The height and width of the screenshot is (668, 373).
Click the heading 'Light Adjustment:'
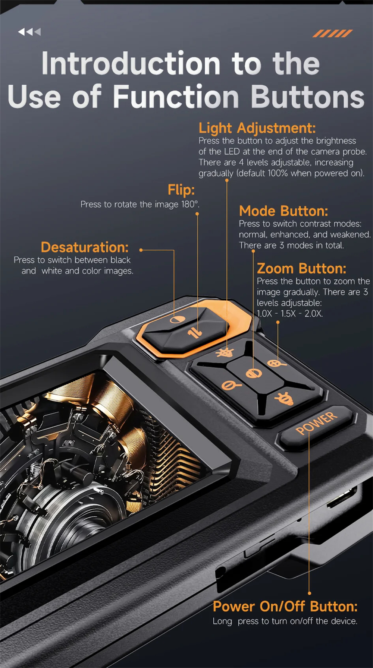257,128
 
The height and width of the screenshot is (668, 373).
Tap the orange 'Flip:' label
181,190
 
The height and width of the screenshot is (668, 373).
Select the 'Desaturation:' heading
85,247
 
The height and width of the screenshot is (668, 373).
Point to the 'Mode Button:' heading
283,211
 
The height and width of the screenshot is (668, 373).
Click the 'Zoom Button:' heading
301,268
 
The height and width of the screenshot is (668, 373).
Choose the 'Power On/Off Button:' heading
285,607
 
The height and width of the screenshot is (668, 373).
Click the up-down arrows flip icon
195,332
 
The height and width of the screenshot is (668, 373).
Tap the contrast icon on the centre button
254,374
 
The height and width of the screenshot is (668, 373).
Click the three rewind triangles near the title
29,32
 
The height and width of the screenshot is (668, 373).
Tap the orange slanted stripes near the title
332,34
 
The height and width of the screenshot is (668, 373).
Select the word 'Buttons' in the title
308,96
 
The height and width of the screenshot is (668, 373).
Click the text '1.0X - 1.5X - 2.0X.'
290,313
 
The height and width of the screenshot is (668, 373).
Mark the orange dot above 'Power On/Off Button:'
310,593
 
